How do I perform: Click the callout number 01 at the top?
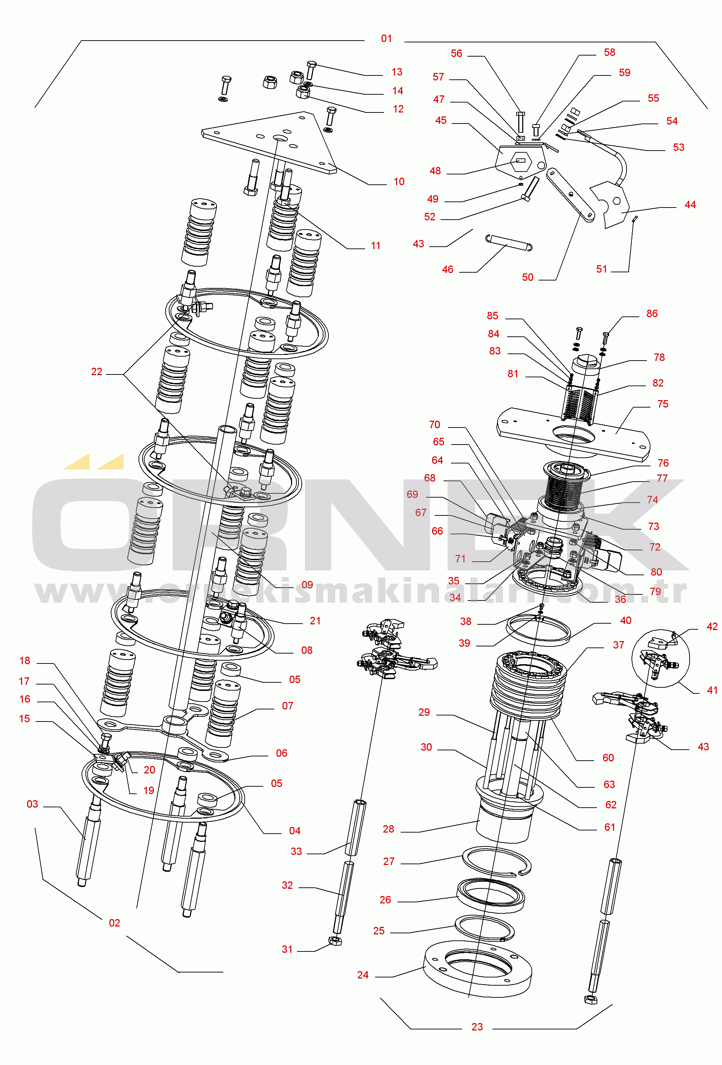[x=386, y=39]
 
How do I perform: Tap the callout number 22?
[x=96, y=372]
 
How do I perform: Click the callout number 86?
[x=652, y=314]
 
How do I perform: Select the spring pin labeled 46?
[x=508, y=242]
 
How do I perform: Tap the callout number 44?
[x=690, y=205]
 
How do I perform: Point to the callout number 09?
[x=307, y=585]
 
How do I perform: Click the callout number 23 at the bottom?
[x=477, y=1027]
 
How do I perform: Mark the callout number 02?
[x=114, y=923]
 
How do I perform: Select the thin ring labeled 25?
[x=484, y=928]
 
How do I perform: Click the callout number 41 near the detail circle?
[x=712, y=690]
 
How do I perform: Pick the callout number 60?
[x=608, y=758]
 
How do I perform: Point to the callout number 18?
[x=25, y=661]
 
